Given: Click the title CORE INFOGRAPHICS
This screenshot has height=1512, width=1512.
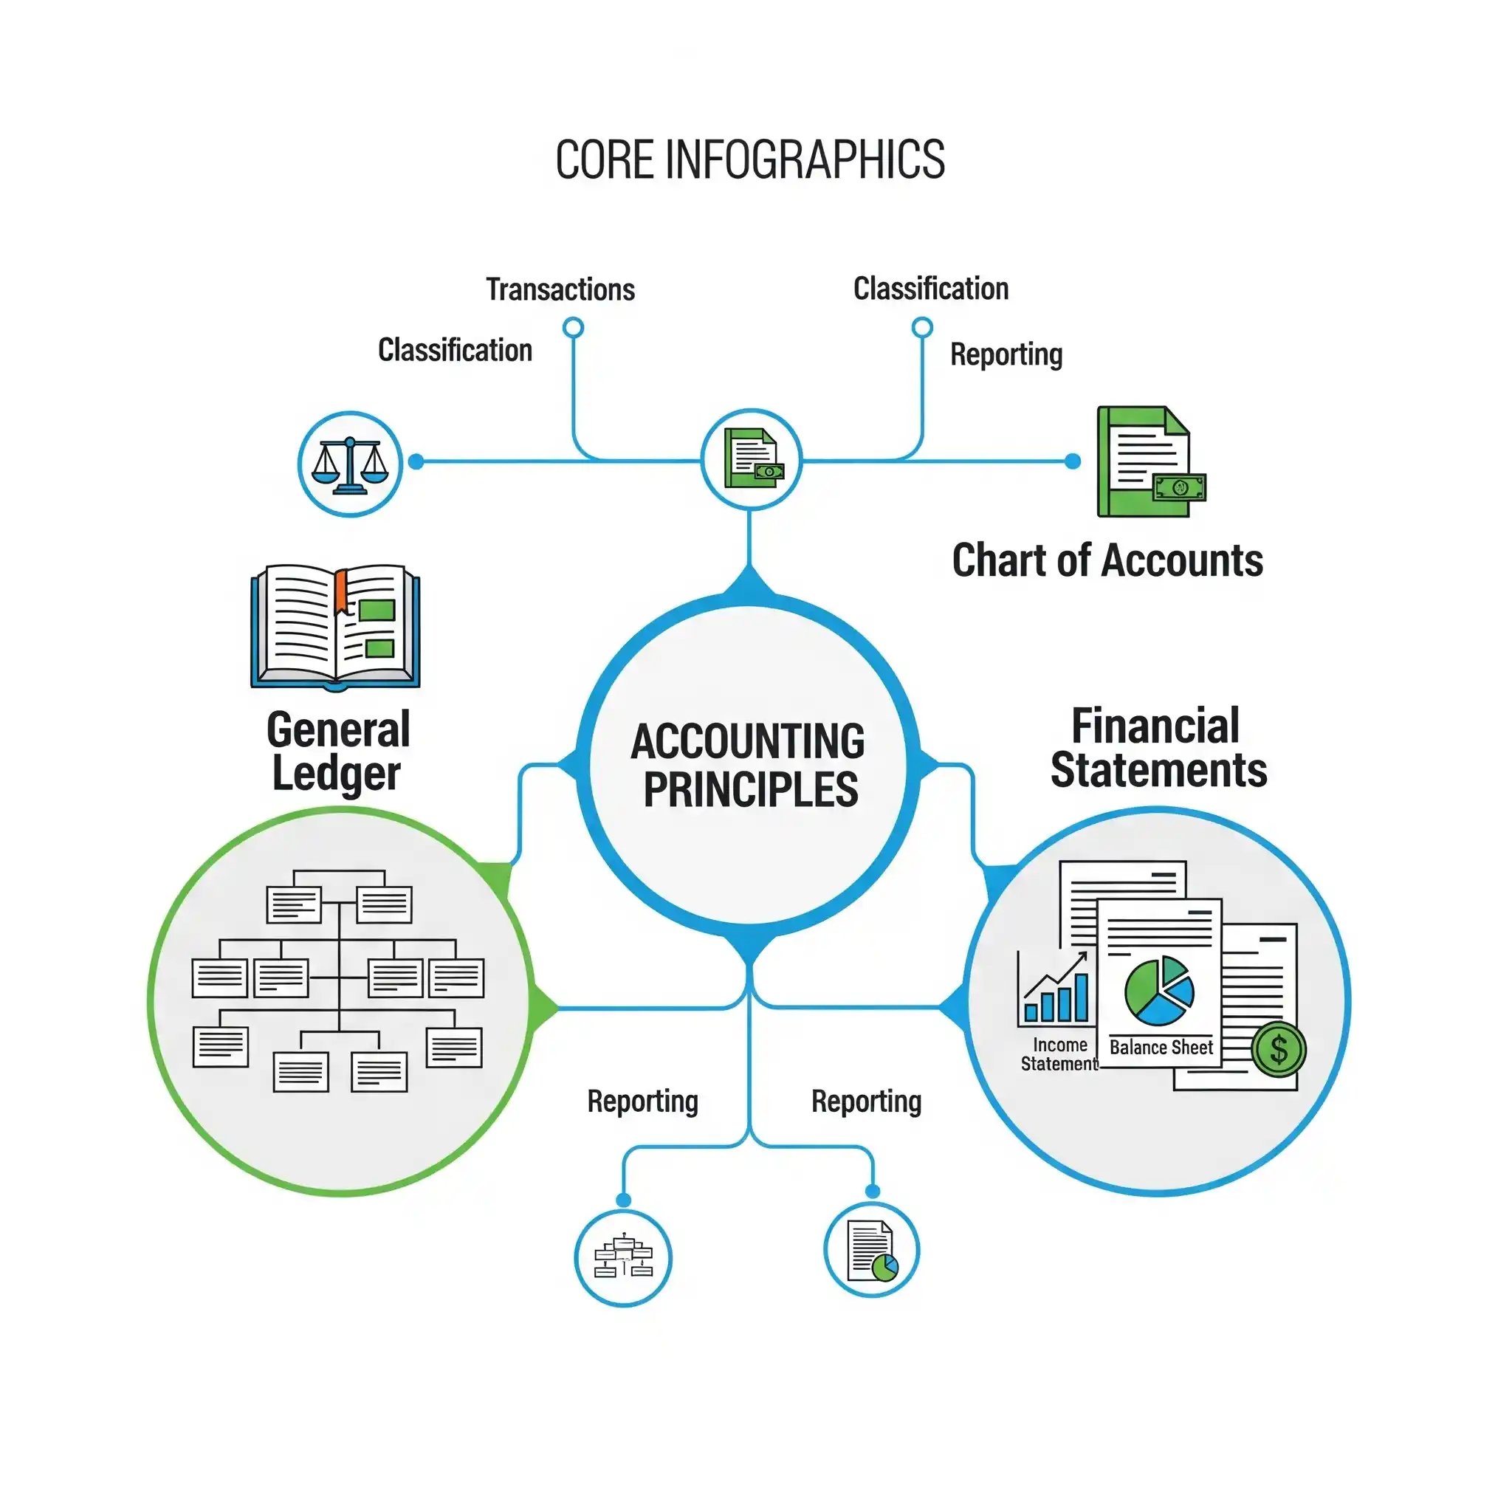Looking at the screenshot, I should [750, 159].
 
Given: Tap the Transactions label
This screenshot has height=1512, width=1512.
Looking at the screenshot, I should [560, 289].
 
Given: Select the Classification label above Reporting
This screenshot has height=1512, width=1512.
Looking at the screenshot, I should [929, 289].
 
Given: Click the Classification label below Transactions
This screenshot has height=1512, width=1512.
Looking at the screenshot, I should [455, 350].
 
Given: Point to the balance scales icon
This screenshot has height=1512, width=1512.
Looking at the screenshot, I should [350, 464].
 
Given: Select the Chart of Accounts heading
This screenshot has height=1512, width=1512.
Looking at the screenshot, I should [1107, 560].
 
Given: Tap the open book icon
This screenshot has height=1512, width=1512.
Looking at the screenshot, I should [335, 627].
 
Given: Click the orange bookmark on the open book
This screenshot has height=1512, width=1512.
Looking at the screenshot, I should [341, 591].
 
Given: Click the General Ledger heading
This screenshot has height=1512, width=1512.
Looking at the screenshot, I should [337, 752].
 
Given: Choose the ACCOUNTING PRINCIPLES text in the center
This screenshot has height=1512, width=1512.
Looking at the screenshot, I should [749, 765].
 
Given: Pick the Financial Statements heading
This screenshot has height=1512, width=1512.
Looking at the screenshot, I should [1158, 748].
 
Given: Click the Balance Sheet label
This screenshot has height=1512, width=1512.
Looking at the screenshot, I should [1160, 1047].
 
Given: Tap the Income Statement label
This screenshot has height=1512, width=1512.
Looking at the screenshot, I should [1059, 1054].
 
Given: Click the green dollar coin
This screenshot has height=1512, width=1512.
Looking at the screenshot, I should [1278, 1050].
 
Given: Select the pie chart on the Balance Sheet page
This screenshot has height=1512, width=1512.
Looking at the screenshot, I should [1159, 991].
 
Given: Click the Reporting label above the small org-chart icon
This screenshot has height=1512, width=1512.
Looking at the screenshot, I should [642, 1101].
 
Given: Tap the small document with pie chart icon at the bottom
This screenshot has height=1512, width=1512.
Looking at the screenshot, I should [871, 1251].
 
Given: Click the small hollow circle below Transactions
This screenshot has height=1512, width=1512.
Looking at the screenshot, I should [574, 327].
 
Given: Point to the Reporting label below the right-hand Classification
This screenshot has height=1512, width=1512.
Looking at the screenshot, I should [1006, 354].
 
